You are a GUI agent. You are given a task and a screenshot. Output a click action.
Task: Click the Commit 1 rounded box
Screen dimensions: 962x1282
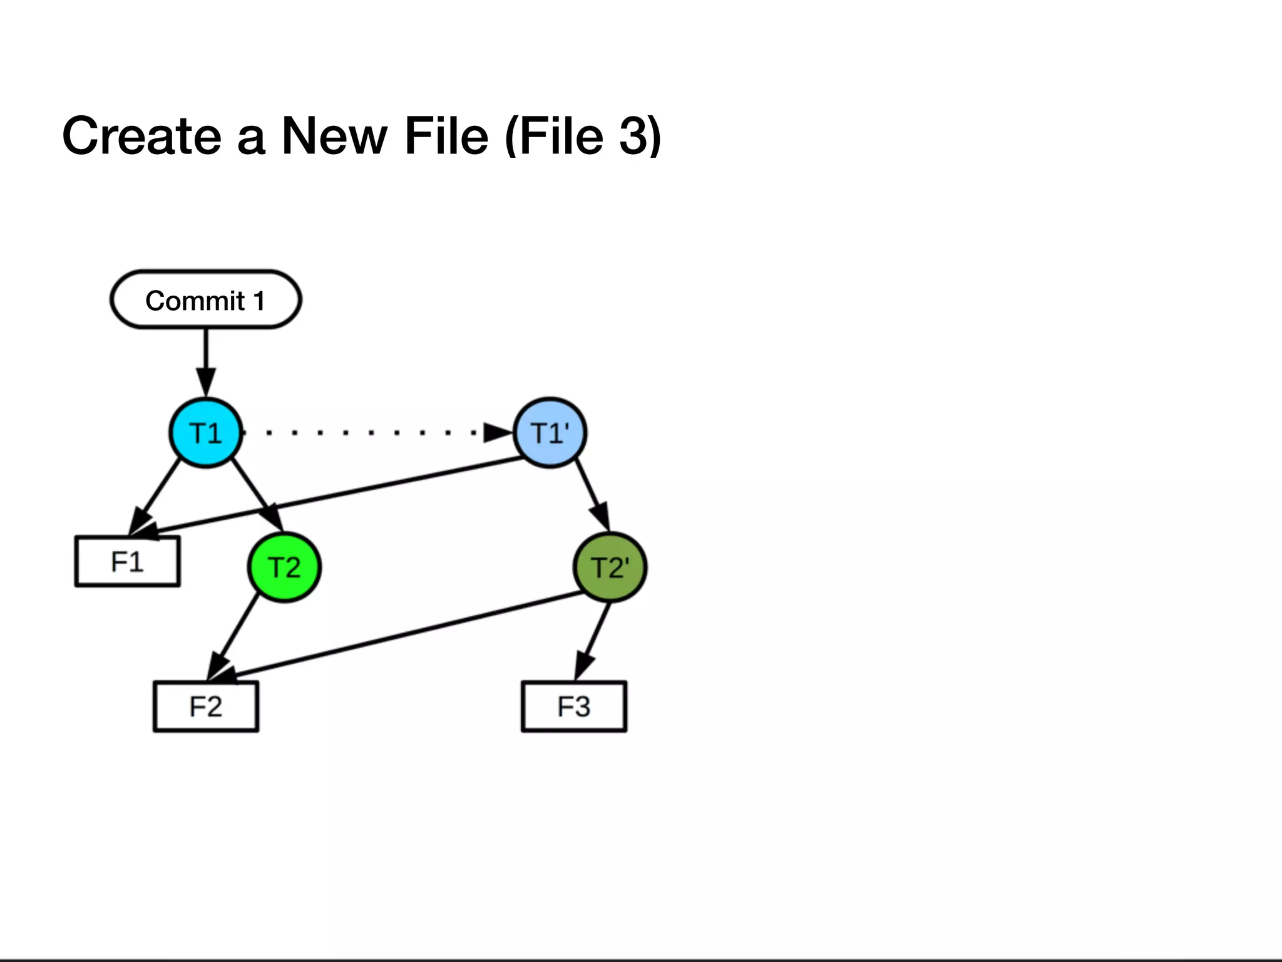click(205, 300)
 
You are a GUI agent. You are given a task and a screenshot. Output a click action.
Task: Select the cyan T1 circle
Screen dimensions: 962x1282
click(205, 433)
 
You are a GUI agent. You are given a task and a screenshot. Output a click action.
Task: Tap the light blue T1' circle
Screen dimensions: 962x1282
click(550, 433)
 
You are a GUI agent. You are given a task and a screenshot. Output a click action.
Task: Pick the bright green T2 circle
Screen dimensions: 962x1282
click(284, 567)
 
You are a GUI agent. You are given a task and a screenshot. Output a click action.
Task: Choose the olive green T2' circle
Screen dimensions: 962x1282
click(610, 567)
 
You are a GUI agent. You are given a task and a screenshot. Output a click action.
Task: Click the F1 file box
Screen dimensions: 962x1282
click(128, 562)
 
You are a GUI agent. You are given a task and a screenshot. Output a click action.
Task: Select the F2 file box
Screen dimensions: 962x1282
click(206, 706)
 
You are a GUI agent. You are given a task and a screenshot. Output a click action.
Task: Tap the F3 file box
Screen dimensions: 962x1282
click(574, 706)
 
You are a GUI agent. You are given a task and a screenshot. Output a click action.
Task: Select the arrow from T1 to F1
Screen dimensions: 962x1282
click(156, 495)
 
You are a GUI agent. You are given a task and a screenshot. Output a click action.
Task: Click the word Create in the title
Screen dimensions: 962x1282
click(141, 136)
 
